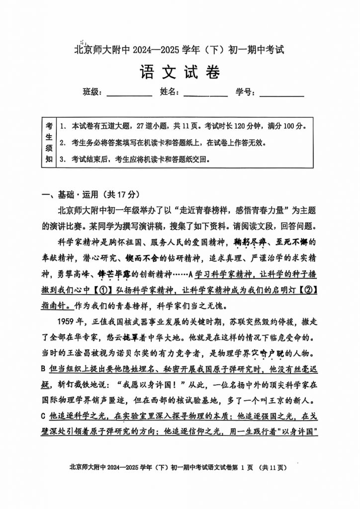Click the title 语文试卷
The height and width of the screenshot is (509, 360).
pyautogui.click(x=180, y=73)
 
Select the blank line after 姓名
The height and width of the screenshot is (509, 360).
pyautogui.click(x=205, y=93)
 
